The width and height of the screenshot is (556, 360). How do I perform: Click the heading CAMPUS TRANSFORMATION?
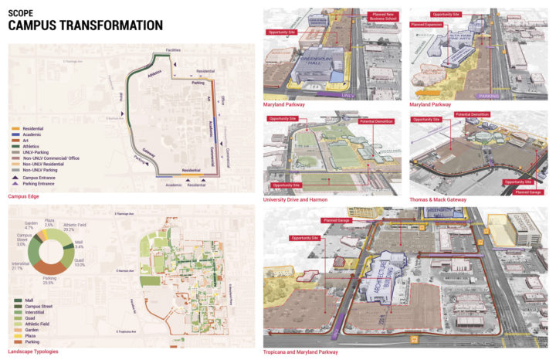coord(85,25)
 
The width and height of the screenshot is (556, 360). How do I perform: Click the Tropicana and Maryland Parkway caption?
coord(300,352)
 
